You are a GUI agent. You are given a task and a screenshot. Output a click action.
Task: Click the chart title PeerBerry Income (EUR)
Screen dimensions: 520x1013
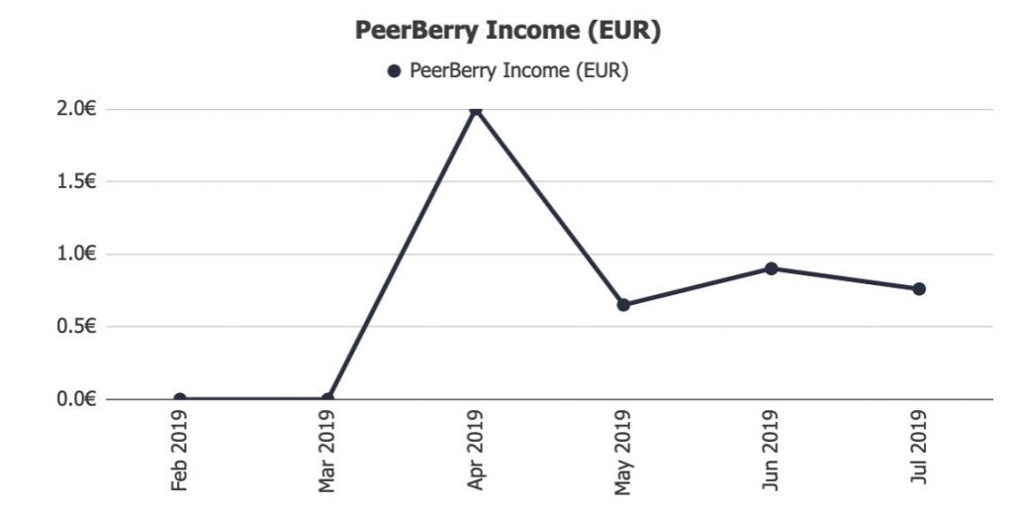pyautogui.click(x=506, y=31)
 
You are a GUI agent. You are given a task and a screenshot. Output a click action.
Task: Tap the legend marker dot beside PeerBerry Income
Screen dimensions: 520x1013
pyautogui.click(x=394, y=71)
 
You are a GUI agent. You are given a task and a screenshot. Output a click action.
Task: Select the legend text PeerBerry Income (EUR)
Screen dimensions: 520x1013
pyautogui.click(x=518, y=71)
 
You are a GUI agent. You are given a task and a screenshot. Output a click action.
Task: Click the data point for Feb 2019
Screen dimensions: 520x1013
pyautogui.click(x=179, y=399)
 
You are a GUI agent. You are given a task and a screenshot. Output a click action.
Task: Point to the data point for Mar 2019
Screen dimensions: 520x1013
pyautogui.click(x=327, y=399)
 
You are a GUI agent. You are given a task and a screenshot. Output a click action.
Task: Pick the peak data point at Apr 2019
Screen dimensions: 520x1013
pyautogui.click(x=476, y=109)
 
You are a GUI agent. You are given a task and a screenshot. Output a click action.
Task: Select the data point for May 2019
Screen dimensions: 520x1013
pyautogui.click(x=623, y=304)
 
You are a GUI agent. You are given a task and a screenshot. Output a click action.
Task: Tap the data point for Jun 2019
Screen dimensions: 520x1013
pyautogui.click(x=771, y=268)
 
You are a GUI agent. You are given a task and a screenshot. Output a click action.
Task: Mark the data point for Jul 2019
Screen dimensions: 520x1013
pyautogui.click(x=919, y=289)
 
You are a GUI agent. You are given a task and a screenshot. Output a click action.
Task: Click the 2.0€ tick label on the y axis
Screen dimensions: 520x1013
pyautogui.click(x=74, y=109)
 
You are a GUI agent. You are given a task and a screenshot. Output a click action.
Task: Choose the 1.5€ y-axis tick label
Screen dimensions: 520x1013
pyautogui.click(x=74, y=181)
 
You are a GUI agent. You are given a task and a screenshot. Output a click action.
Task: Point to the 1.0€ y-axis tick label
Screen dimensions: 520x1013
pyautogui.click(x=74, y=254)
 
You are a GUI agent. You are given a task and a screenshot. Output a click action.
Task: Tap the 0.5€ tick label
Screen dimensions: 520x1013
pyautogui.click(x=74, y=326)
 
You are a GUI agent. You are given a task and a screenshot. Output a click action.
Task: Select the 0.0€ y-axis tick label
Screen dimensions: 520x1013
pyautogui.click(x=74, y=399)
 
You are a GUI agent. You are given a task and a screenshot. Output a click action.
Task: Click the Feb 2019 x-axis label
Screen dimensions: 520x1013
pyautogui.click(x=179, y=451)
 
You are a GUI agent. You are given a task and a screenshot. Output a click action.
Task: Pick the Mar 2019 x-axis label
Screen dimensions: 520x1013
pyautogui.click(x=327, y=451)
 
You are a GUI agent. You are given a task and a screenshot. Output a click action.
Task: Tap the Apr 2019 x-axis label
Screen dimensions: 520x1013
pyautogui.click(x=476, y=451)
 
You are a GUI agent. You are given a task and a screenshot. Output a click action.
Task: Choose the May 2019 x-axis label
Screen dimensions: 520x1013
pyautogui.click(x=623, y=451)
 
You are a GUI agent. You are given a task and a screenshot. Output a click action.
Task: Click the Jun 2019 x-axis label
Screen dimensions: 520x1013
pyautogui.click(x=771, y=451)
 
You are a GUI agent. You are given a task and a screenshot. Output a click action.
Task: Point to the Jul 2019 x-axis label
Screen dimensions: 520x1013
pyautogui.click(x=919, y=451)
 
